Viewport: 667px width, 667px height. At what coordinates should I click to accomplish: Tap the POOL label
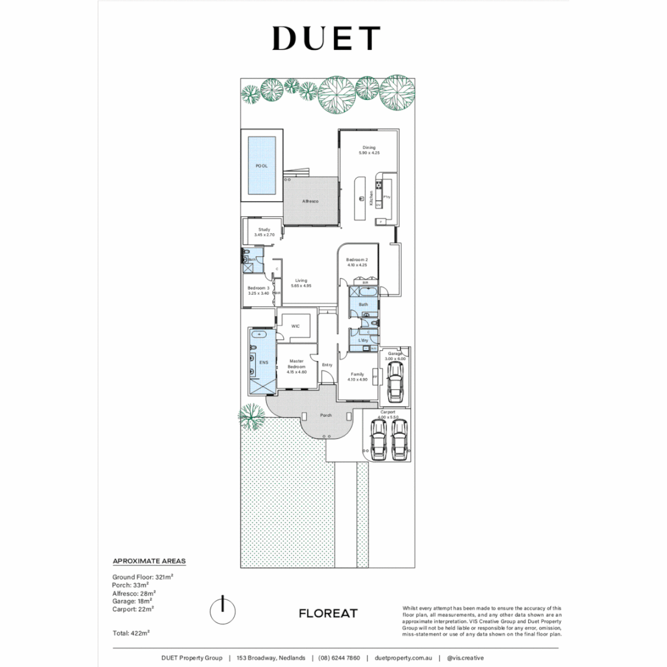point(262,166)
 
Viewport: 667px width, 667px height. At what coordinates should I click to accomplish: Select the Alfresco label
point(309,202)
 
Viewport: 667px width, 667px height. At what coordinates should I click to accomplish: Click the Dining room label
point(369,150)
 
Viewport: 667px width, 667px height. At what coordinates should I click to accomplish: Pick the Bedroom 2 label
point(357,262)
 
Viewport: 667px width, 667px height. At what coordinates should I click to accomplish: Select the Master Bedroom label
point(296,366)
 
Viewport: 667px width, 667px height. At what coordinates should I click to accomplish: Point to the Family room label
point(358,377)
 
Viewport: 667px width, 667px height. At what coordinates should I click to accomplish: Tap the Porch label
point(325,416)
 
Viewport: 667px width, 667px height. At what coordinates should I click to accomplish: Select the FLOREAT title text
point(328,613)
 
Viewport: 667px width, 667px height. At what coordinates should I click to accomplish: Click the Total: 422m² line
point(131,633)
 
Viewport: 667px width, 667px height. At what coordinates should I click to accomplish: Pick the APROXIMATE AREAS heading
point(149,561)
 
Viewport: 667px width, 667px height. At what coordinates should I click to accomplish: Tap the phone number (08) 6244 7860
point(339,658)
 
